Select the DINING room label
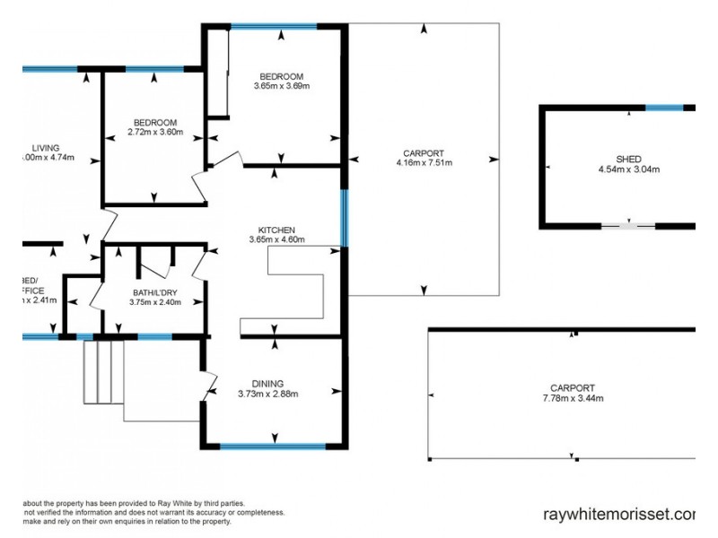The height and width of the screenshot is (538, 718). tap(267, 383)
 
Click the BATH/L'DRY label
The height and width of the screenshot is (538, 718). tap(154, 292)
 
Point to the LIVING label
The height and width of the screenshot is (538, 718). tap(45, 148)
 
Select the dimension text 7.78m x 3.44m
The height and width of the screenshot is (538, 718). tap(573, 398)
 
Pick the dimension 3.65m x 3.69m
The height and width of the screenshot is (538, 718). tap(281, 86)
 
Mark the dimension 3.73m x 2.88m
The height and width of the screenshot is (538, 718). tap(267, 393)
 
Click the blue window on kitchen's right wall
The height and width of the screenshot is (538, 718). tap(344, 217)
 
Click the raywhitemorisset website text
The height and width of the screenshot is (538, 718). tap(619, 515)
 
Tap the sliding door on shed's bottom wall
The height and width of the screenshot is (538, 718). tap(627, 225)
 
